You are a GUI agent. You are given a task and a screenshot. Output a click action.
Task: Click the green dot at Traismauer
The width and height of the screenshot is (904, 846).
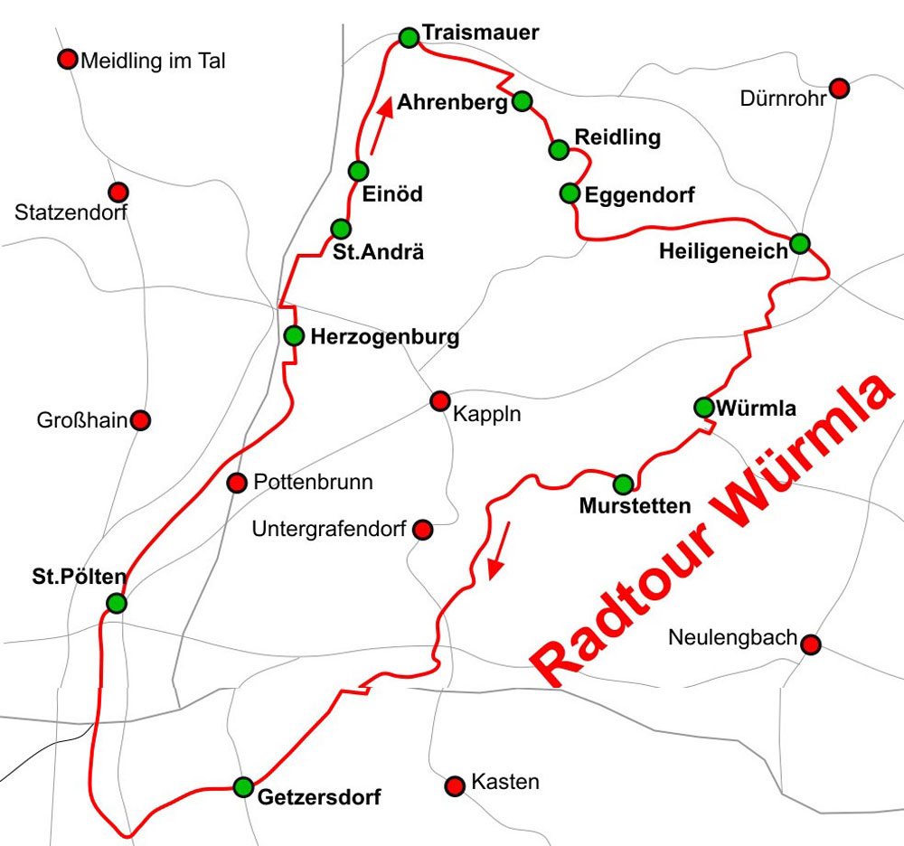pyautogui.click(x=409, y=37)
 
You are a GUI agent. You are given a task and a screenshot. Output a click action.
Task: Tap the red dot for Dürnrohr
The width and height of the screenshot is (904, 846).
pyautogui.click(x=839, y=88)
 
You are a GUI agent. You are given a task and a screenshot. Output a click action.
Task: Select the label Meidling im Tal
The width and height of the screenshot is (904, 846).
pyautogui.click(x=153, y=61)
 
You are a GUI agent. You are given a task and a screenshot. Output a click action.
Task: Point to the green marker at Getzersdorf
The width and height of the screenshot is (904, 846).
pyautogui.click(x=243, y=786)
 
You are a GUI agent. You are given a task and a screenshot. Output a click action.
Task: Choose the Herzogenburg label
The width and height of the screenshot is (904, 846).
pyautogui.click(x=384, y=337)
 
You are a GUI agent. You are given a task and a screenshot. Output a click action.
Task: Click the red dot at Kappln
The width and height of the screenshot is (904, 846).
pyautogui.click(x=439, y=400)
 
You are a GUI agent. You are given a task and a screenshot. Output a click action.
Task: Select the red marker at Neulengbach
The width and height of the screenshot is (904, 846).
pyautogui.click(x=811, y=644)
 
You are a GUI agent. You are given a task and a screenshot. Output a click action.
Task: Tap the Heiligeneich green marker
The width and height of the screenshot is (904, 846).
pyautogui.click(x=800, y=243)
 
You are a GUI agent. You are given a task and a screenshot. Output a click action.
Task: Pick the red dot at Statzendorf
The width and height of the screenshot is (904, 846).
pyautogui.click(x=118, y=193)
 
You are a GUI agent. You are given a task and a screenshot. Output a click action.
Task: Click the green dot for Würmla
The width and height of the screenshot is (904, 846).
pyautogui.click(x=704, y=408)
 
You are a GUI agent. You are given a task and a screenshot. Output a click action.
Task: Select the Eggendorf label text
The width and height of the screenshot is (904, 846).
pyautogui.click(x=640, y=194)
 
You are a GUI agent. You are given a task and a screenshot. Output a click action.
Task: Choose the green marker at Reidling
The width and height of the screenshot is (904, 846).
pyautogui.click(x=559, y=150)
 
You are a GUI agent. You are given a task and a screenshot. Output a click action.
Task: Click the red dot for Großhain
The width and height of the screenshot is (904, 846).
pyautogui.click(x=141, y=420)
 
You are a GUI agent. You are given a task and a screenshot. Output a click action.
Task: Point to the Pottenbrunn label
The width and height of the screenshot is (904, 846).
pyautogui.click(x=313, y=482)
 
